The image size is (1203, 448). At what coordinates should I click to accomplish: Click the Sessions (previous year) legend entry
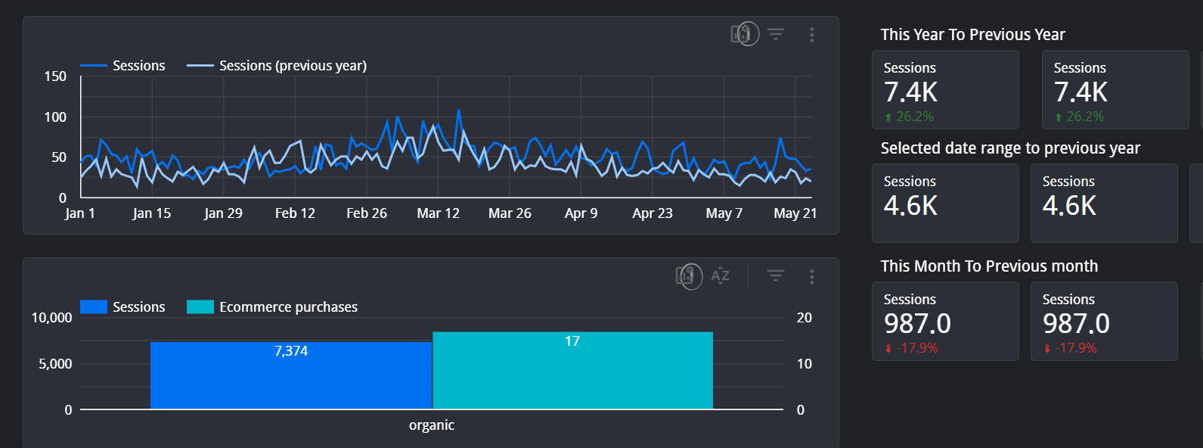(277, 66)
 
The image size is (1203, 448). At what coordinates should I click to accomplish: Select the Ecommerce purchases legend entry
(271, 307)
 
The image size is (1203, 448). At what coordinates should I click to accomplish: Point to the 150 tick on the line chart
(55, 76)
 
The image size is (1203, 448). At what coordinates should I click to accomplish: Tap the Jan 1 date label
(79, 213)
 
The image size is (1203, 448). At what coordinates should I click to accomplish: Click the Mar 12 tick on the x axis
(439, 213)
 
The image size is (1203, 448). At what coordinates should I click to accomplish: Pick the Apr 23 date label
(653, 213)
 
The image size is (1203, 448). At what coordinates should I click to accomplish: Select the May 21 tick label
(795, 213)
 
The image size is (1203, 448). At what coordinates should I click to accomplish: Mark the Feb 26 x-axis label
(367, 213)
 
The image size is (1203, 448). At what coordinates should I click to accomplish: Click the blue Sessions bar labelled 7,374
(291, 375)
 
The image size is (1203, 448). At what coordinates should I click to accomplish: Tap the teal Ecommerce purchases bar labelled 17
(572, 371)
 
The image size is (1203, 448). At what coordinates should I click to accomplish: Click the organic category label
(432, 425)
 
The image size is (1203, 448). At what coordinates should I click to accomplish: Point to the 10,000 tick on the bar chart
(51, 318)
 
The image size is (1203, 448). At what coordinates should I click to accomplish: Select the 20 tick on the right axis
(804, 318)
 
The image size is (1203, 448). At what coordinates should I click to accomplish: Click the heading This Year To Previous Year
(972, 35)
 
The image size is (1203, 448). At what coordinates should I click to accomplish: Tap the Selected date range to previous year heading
(1010, 148)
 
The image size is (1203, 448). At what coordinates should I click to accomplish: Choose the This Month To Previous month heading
(989, 266)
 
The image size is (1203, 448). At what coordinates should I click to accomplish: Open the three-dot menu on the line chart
(812, 35)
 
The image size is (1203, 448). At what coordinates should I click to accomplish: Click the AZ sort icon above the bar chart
(720, 276)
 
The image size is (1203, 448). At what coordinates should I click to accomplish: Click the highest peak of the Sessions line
(459, 110)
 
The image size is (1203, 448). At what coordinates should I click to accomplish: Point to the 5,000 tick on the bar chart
(55, 364)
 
